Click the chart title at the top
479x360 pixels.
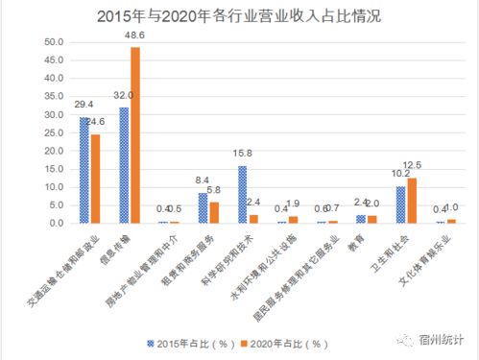pos(239,16)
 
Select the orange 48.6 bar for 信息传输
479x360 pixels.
pos(135,135)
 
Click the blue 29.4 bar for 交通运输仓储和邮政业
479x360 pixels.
pos(84,170)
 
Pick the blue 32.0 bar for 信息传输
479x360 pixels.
pos(124,165)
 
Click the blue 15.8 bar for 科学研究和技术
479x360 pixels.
pos(242,194)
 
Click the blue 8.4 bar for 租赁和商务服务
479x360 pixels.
pos(203,208)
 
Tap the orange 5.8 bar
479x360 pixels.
pos(214,213)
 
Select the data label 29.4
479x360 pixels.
pos(82,104)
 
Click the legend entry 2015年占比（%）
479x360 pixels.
pos(185,342)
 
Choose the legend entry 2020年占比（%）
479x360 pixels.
pos(285,342)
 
